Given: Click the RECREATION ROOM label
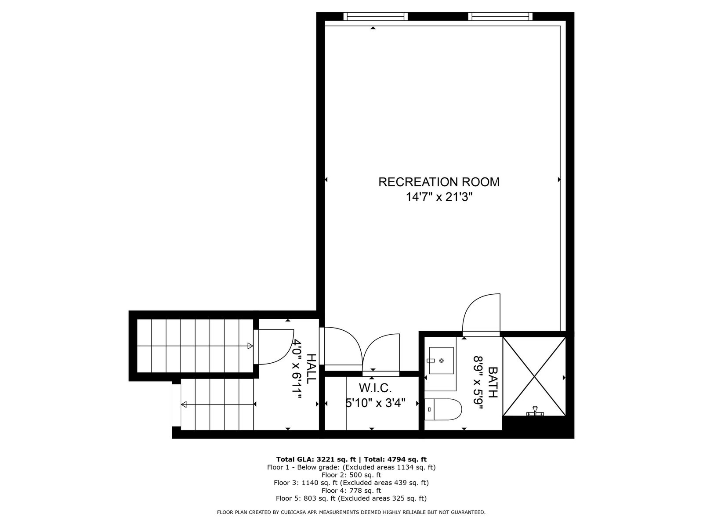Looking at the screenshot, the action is [x=439, y=182].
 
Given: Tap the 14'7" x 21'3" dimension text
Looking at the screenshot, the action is [x=439, y=197].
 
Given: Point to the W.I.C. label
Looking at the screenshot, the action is [x=375, y=388].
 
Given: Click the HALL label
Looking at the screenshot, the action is [x=312, y=368].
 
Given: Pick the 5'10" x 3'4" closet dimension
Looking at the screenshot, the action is [x=375, y=403].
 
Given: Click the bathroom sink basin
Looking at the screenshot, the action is [x=441, y=360].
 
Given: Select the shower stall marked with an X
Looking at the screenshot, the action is [x=534, y=376].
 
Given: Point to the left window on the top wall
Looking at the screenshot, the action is [x=375, y=16].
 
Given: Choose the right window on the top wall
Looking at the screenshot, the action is [x=500, y=16].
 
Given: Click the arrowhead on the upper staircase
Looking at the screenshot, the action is [x=250, y=346].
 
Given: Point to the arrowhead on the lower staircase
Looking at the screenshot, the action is [x=184, y=404].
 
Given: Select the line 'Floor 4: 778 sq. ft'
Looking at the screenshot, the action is [x=351, y=491].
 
